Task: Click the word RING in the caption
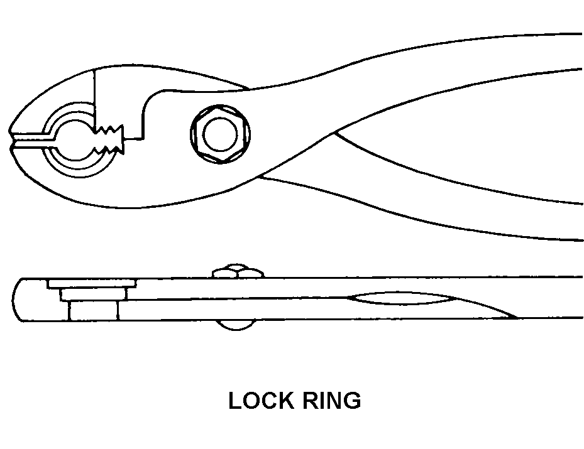pos(331,400)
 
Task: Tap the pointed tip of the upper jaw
pos(13,128)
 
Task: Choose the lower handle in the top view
pos(440,207)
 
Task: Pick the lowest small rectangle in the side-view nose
pos(93,311)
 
